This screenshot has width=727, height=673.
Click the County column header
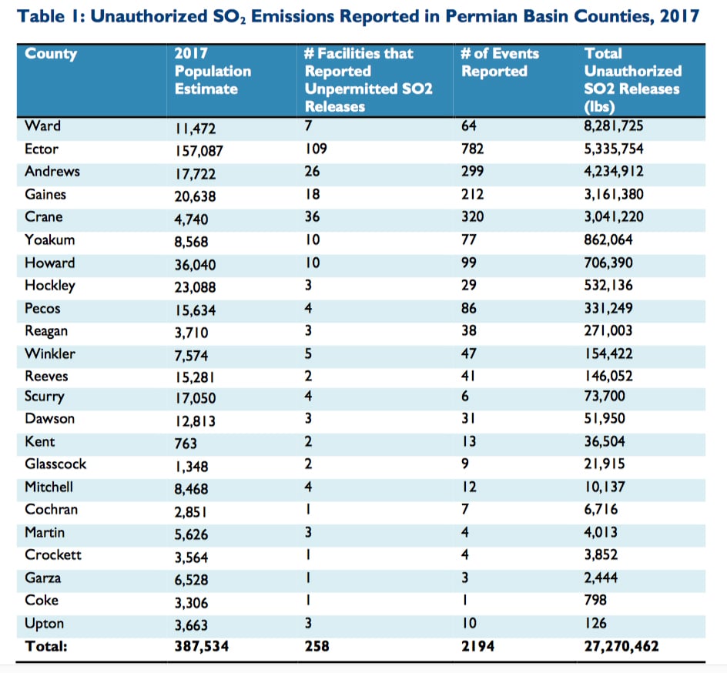[51, 54]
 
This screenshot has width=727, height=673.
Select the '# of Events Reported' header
[500, 62]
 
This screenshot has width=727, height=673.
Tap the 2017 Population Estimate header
[213, 71]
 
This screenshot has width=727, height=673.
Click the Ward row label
[42, 126]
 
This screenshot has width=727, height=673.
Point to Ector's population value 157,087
[199, 151]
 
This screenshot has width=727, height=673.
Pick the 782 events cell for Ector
[472, 149]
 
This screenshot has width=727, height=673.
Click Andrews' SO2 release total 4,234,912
[613, 172]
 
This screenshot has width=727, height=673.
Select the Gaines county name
[45, 194]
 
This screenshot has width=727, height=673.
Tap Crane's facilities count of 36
[312, 217]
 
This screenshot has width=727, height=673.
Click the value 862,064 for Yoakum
[608, 239]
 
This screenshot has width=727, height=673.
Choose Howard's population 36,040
[195, 265]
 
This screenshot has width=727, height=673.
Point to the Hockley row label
[49, 286]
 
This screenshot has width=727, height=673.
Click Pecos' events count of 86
[469, 308]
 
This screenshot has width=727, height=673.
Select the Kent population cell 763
[186, 444]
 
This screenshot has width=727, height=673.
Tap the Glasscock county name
[55, 464]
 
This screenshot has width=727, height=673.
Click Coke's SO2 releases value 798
[595, 600]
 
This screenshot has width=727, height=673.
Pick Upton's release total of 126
[595, 623]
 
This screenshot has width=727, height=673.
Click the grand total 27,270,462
[621, 646]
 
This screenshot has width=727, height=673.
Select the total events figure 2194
[477, 646]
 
